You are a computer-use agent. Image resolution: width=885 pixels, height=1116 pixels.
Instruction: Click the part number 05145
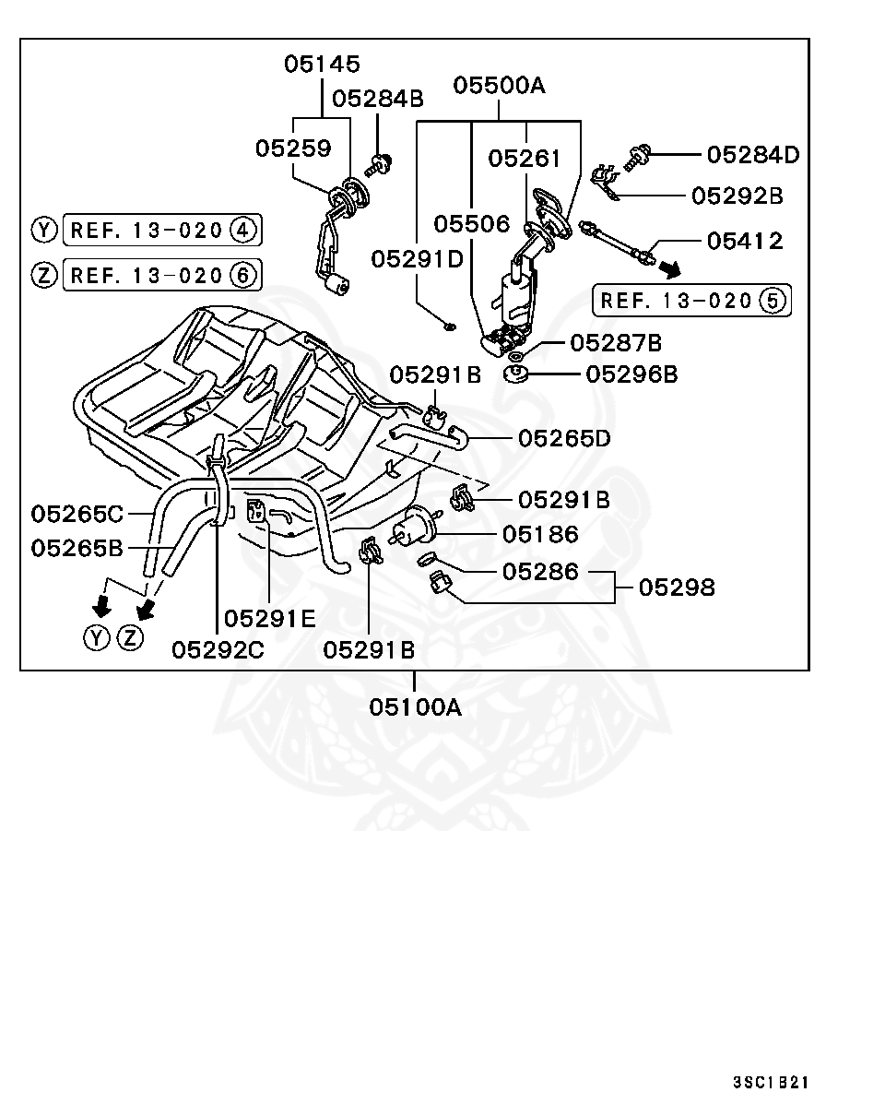coord(322,65)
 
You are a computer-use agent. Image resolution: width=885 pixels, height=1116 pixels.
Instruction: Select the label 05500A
coord(500,85)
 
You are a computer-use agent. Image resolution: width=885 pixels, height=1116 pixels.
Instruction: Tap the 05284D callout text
coord(753,155)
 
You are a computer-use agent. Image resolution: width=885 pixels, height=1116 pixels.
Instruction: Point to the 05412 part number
coord(745,241)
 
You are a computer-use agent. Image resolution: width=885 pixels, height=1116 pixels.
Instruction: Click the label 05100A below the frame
coord(415,706)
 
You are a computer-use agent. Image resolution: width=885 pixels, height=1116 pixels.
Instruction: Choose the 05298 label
coord(677,588)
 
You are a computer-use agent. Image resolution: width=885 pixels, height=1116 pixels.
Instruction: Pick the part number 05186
coord(540,534)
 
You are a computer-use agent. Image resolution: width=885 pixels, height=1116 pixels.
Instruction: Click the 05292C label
coord(218,650)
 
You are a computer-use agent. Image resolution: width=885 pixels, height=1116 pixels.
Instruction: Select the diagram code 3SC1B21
coord(771,1082)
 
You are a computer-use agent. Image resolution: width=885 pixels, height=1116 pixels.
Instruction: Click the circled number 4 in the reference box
coord(243,230)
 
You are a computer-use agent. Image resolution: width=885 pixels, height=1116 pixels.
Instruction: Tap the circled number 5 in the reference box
coord(773,301)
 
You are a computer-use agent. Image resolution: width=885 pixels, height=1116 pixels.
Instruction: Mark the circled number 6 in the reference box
coord(243,275)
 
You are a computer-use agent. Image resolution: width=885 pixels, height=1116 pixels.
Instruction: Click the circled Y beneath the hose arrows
coord(97,638)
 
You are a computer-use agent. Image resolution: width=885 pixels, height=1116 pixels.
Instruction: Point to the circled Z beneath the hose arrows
coord(130,638)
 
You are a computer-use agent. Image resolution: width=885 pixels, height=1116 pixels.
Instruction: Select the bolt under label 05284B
coord(378,165)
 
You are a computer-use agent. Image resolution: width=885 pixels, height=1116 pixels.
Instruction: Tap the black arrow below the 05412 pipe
coord(671,269)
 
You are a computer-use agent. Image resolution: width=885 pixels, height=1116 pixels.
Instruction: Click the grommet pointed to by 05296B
coord(516,374)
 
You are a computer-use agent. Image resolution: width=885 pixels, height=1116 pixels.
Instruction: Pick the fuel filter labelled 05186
coord(415,526)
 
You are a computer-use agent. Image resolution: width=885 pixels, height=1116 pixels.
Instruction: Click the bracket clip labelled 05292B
coord(605,182)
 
